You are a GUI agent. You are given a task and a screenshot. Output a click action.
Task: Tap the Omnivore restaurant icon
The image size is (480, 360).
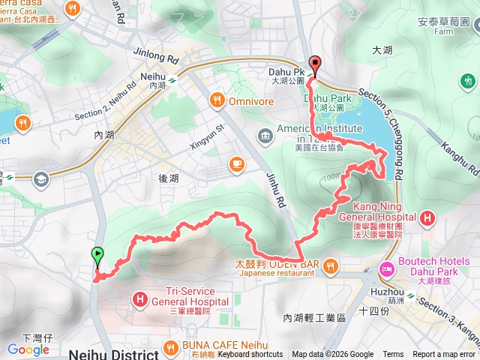point(217,99)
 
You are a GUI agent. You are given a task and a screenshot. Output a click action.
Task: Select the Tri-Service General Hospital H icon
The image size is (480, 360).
point(140,299)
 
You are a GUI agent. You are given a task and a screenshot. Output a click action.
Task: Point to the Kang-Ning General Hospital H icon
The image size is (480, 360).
point(427,218)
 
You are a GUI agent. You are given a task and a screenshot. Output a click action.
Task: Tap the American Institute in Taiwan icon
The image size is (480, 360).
point(265,135)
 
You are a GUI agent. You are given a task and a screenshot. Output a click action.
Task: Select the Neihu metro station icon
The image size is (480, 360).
point(170,76)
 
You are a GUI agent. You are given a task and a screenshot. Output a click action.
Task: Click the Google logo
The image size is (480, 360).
point(28,349)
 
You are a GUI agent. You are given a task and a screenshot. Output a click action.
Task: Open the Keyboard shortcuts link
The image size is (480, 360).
point(250,355)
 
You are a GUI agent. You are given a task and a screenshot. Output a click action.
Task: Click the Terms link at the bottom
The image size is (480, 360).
point(392,355)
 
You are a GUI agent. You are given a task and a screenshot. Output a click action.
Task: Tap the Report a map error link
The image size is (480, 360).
point(444,355)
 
